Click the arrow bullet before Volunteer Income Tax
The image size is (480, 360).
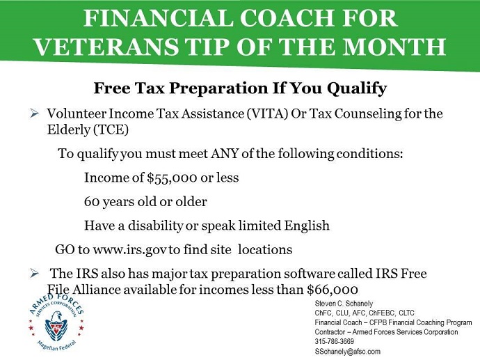[x=34, y=114]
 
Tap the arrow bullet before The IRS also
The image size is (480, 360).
[x=34, y=273]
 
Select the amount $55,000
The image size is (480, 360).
[x=172, y=178]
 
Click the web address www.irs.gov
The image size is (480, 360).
[x=130, y=250]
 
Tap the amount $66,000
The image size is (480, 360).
[x=333, y=290]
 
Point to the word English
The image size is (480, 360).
[x=307, y=226]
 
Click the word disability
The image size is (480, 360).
[x=155, y=226]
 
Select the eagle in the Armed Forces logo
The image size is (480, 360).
[x=56, y=327]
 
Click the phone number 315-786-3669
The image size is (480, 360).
[x=335, y=341]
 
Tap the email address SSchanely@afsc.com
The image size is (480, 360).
[x=347, y=351]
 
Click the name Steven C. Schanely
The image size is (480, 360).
[x=344, y=304]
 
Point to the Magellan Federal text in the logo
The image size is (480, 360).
[x=56, y=346]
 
